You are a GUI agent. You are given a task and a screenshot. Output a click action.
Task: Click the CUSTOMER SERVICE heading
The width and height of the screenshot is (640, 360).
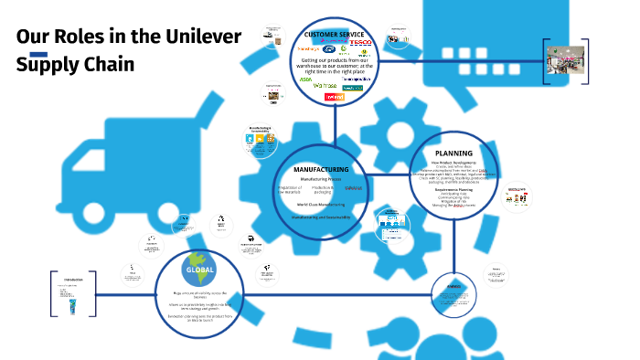335,35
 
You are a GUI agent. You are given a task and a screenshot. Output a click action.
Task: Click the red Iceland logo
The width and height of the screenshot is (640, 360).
335,97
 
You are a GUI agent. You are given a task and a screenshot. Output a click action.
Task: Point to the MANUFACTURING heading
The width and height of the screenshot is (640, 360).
320,170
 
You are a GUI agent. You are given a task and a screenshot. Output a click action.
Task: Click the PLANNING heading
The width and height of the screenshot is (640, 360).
453,154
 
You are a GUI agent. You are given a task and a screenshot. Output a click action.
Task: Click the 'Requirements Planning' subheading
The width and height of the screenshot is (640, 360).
453,189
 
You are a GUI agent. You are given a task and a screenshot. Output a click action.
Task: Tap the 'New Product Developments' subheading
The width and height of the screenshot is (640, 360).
453,162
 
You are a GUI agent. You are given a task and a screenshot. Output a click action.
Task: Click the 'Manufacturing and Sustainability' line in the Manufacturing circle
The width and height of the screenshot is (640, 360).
320,217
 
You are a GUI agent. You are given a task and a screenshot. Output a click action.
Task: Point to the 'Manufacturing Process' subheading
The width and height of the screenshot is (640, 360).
320,180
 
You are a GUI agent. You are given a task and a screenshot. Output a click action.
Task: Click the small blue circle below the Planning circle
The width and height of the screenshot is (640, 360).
453,293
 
